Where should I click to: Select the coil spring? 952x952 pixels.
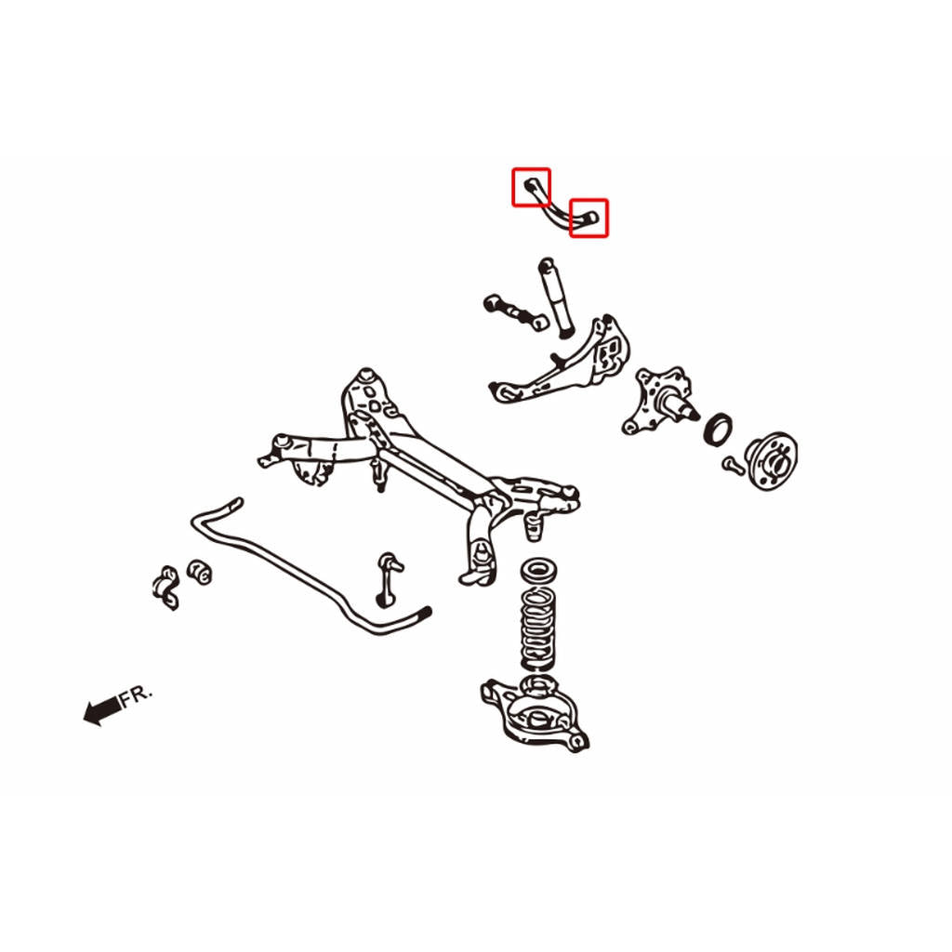coord(538,629)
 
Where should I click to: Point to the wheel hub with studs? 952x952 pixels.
coord(771,461)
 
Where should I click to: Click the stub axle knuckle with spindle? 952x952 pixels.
coord(659,401)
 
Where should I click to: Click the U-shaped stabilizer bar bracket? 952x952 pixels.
coord(165,588)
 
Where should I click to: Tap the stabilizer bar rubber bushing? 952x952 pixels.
coord(199,572)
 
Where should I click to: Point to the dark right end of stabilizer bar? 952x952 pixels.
coord(423,614)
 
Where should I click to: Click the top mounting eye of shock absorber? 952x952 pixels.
coord(547,264)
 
